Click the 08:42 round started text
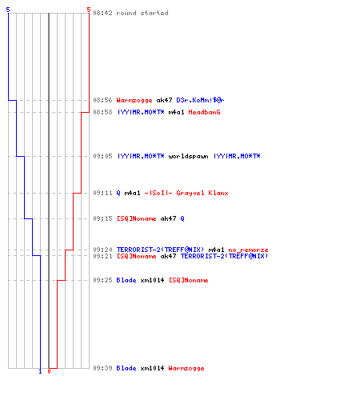coord(130,13)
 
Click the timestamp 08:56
coord(102,100)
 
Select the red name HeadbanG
coord(204,112)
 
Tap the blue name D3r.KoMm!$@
coord(200,100)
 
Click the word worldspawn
coord(188,156)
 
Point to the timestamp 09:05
coord(102,156)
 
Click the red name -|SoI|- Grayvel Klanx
coord(186,193)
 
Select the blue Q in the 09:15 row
coord(182,218)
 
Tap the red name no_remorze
coord(248,250)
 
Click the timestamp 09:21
coord(102,256)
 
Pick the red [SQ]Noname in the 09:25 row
coord(188,280)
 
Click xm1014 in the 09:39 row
coord(152,368)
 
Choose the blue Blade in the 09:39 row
coord(126,368)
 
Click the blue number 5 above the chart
coord(8,10)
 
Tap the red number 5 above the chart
coord(89,10)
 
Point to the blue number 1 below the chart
coord(40,371)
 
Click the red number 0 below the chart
coord(49,371)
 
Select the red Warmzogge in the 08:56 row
coord(134,100)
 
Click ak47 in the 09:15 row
coord(168,218)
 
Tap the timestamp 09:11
coord(102,193)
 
